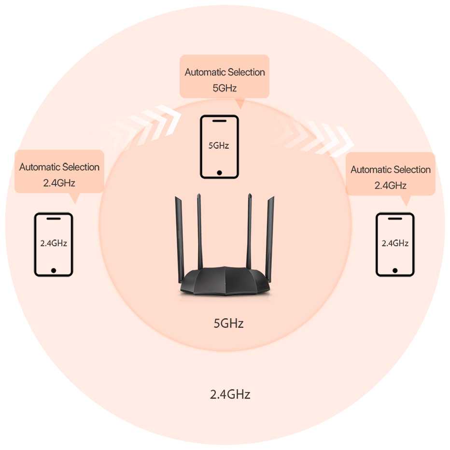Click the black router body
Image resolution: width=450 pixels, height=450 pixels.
coord(225,282)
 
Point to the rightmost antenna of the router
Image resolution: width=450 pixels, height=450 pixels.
coord(270,237)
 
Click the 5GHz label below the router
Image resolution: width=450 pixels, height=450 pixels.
coord(228,323)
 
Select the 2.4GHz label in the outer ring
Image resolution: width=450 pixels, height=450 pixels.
coord(230,394)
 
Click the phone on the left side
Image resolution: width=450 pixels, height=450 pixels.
coord(54,245)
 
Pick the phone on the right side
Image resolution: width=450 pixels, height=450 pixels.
coord(395,245)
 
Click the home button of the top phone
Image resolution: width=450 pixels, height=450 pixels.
coord(220,172)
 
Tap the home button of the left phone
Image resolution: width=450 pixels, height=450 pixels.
coord(54,270)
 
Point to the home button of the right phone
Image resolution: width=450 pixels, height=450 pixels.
coord(395,270)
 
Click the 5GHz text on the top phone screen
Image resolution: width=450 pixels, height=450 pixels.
coord(219,145)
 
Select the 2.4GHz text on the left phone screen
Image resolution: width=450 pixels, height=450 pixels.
coord(54,243)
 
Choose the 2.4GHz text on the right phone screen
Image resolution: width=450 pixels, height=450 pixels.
coord(395,243)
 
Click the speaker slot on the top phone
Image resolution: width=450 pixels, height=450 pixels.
coord(220,120)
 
